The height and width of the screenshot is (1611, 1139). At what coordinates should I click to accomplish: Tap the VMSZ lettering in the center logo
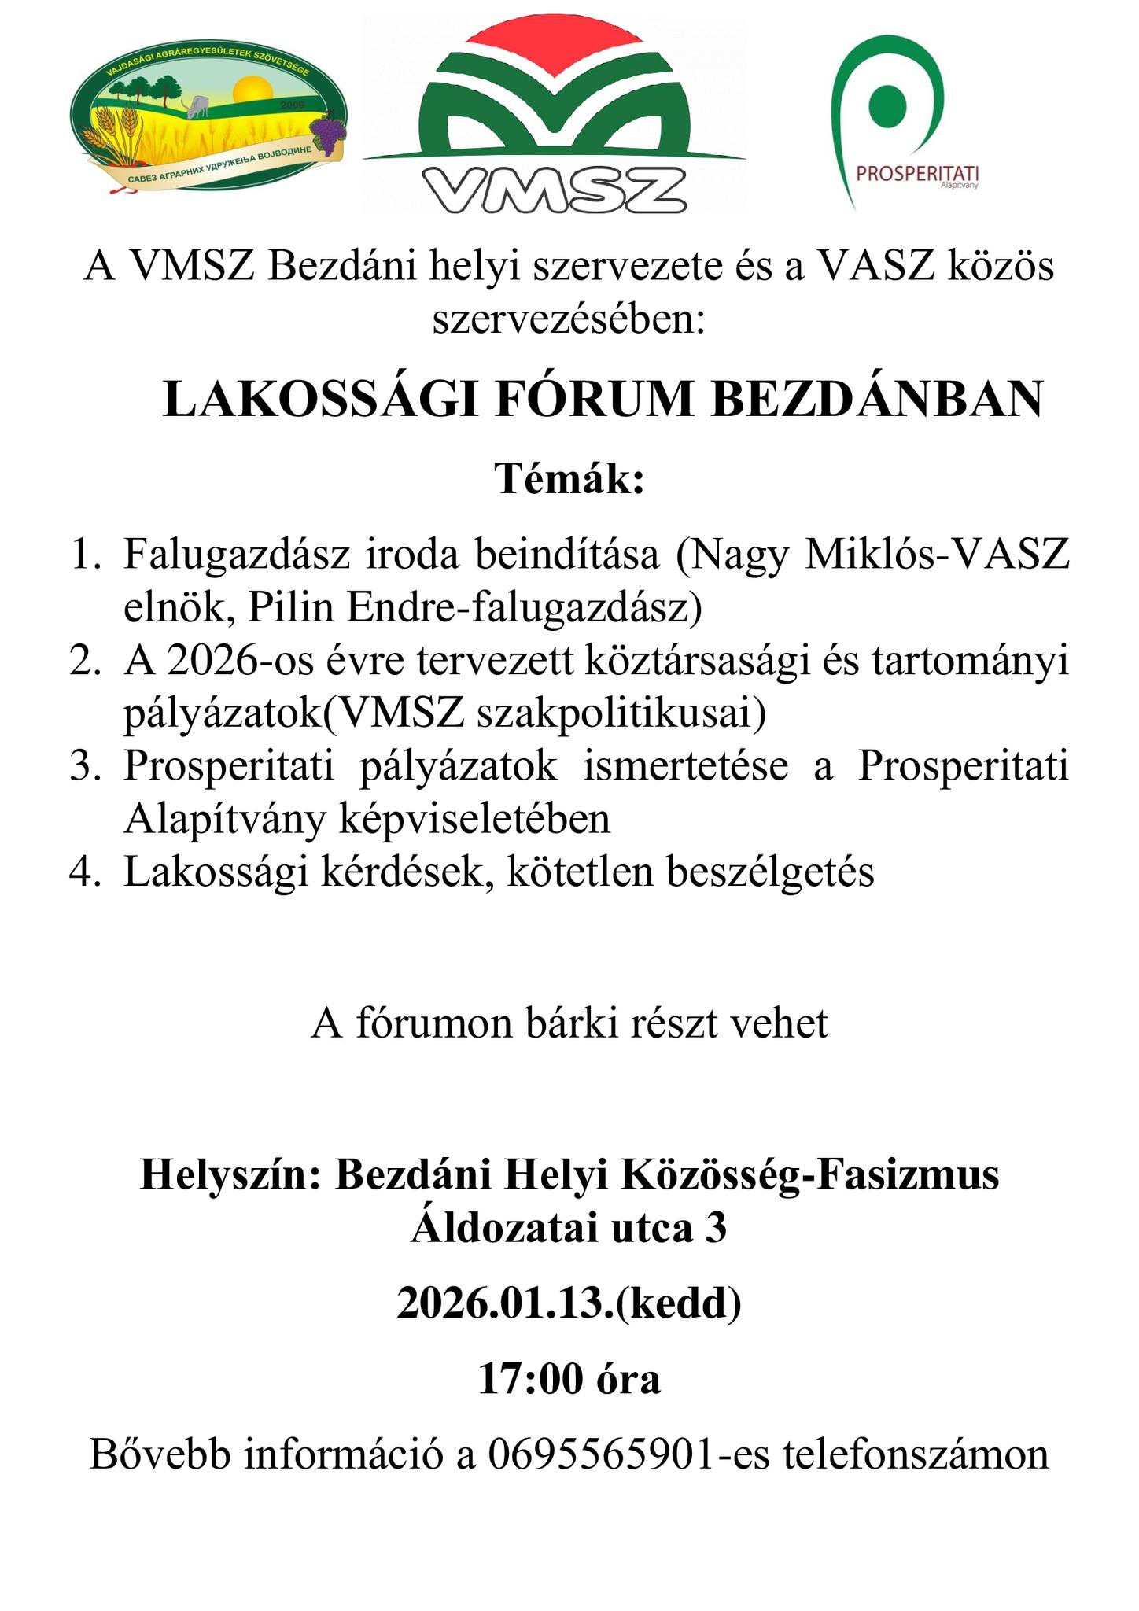click(x=554, y=189)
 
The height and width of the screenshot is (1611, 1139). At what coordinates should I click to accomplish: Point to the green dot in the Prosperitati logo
click(x=887, y=103)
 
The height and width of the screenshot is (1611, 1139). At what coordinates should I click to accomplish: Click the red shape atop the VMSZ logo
click(x=554, y=47)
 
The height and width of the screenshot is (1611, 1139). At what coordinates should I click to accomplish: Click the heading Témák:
click(x=569, y=478)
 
